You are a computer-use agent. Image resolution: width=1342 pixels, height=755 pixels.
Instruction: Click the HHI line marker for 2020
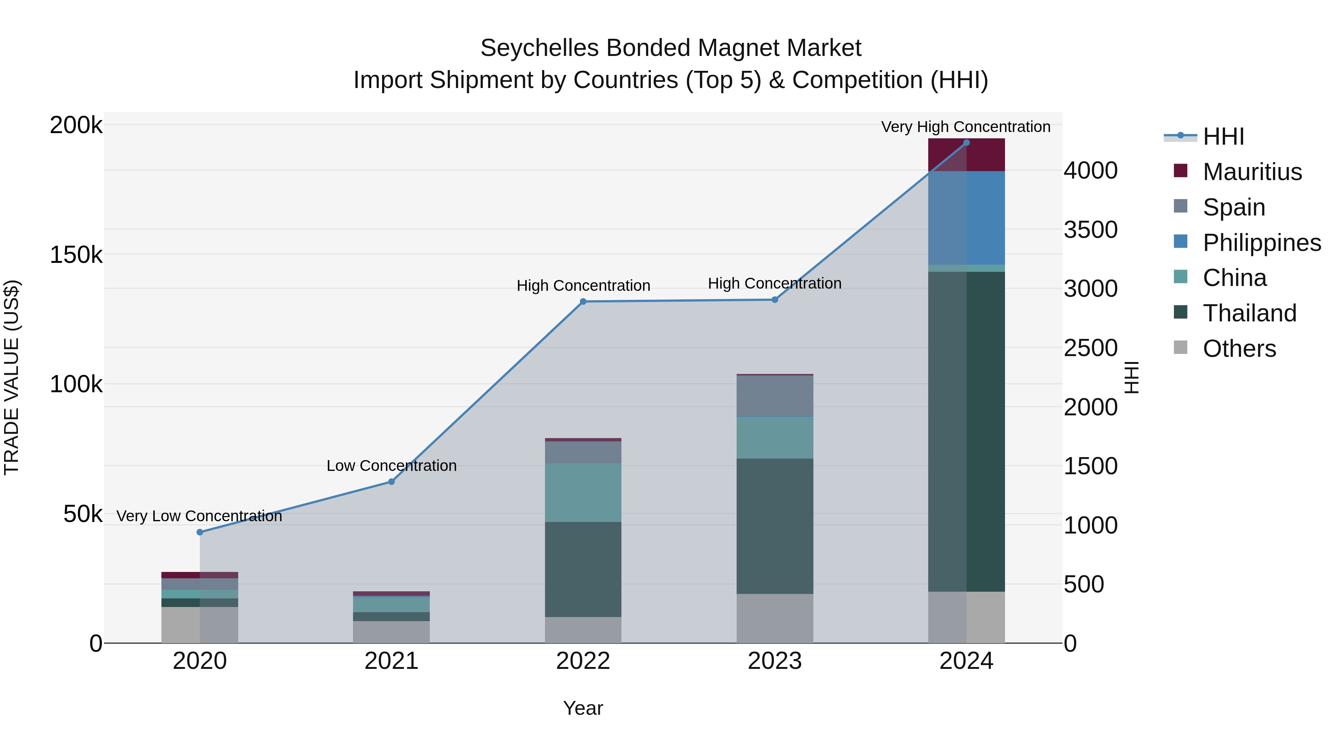[x=199, y=532]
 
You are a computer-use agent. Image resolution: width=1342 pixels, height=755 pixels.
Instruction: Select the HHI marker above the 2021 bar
[x=391, y=481]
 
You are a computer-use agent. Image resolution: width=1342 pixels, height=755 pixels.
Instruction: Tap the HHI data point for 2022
[x=583, y=302]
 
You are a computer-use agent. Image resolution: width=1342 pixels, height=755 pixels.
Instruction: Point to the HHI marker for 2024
[x=966, y=143]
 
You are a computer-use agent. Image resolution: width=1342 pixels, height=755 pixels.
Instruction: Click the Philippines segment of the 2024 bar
[x=966, y=218]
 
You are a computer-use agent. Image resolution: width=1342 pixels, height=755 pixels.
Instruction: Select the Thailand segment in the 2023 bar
[x=775, y=526]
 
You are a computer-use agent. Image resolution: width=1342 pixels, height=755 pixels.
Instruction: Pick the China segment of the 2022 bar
[x=583, y=493]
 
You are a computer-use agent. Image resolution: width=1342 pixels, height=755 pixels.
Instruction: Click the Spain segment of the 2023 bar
[x=775, y=396]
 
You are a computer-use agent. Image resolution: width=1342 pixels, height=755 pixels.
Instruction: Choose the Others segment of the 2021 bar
[x=391, y=632]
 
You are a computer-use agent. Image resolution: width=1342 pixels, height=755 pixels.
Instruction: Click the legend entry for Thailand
[x=1249, y=313]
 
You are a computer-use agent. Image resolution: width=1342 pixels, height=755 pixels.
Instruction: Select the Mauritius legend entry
[x=1252, y=172]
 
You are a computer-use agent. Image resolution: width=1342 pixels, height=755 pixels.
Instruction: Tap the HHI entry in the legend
[x=1223, y=136]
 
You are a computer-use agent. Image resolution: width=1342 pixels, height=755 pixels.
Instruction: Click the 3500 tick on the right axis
[x=1090, y=230]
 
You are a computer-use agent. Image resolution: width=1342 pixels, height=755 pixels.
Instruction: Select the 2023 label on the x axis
[x=775, y=661]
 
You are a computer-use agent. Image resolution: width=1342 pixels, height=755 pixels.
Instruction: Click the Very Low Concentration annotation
[x=199, y=516]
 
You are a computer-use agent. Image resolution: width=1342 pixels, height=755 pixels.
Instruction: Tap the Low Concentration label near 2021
[x=391, y=465]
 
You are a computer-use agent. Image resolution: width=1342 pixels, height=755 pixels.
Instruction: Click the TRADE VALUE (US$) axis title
[x=12, y=377]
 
